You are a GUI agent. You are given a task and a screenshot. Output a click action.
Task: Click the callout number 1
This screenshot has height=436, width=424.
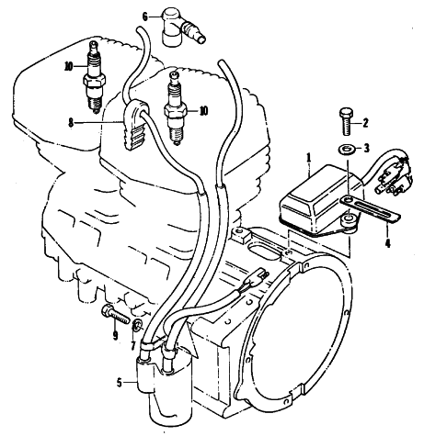coord(309,158)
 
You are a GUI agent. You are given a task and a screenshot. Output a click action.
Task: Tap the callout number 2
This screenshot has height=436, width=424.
coord(365,123)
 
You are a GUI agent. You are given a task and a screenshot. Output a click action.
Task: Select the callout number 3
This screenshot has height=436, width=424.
coord(367,149)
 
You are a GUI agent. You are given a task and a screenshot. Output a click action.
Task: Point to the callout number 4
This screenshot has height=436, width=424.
coord(388,243)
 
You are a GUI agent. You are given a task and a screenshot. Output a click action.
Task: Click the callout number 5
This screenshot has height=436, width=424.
coord(120,383)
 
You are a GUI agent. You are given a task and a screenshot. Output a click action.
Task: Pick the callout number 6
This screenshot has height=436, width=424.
coord(145,17)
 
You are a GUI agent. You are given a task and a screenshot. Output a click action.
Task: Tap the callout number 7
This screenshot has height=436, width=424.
coord(133,346)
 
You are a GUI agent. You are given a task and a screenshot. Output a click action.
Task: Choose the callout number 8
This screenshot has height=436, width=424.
coord(71,123)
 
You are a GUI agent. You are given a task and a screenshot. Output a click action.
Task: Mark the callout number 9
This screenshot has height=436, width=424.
coord(115,336)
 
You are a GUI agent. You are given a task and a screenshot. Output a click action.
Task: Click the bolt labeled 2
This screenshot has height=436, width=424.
coord(347,121)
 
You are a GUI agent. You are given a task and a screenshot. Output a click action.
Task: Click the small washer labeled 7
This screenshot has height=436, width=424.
coord(138,326)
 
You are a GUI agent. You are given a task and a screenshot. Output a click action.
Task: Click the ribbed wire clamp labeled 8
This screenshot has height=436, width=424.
coord(135,125)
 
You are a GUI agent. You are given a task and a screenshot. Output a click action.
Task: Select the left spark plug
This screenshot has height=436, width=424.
coord(95,77)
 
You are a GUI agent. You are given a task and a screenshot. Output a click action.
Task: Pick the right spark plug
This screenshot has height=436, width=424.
coord(175,107)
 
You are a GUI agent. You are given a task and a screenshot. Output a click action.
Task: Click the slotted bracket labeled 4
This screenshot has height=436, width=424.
coord(371,208)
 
